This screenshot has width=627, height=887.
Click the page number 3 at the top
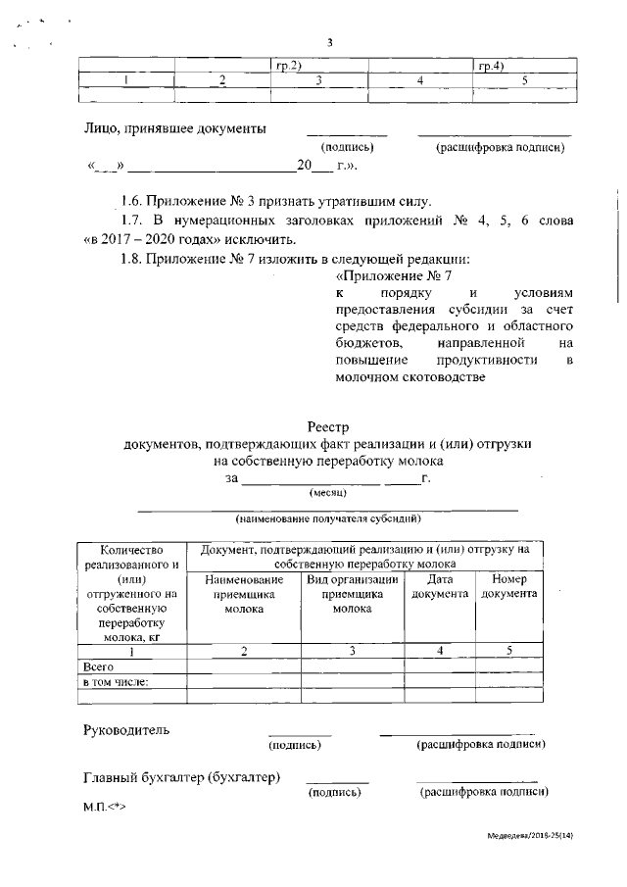[x=330, y=43]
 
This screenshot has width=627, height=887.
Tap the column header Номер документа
[x=508, y=587]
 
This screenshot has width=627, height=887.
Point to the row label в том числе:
[x=115, y=681]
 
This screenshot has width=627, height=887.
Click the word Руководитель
[x=126, y=730]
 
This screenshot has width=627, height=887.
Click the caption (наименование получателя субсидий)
[x=327, y=517]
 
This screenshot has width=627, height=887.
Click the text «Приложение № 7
[x=385, y=276]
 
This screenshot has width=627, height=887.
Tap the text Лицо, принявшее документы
[x=174, y=128]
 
